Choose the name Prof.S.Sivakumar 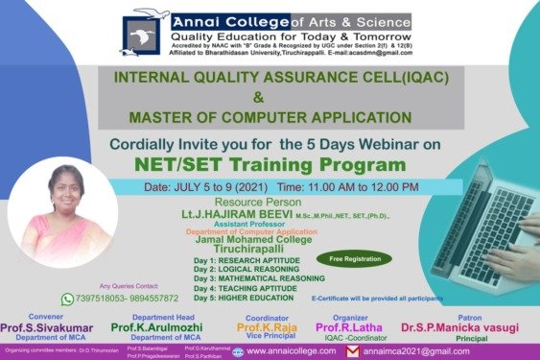47,327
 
